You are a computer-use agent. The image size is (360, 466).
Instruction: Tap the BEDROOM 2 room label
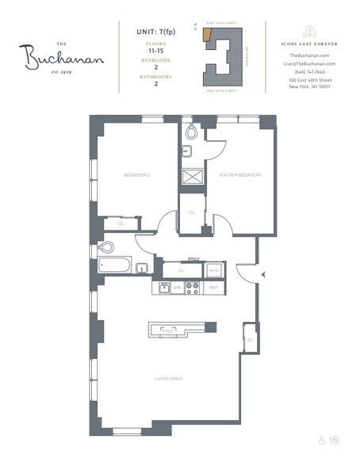pyautogui.click(x=136, y=175)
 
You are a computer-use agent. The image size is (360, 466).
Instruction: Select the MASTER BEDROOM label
pyautogui.click(x=241, y=175)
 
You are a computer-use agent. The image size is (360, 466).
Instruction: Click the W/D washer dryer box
pyautogui.click(x=213, y=270)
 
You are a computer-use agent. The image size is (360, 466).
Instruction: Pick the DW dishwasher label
pyautogui.click(x=178, y=288)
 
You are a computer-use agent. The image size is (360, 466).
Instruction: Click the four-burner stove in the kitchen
pyautogui.click(x=193, y=288)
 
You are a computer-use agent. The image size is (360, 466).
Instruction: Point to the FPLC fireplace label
pyautogui.click(x=168, y=329)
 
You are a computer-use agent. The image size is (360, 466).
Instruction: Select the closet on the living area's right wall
pyautogui.click(x=250, y=338)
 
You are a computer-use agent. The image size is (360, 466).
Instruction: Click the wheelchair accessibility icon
pyautogui.click(x=322, y=440)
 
